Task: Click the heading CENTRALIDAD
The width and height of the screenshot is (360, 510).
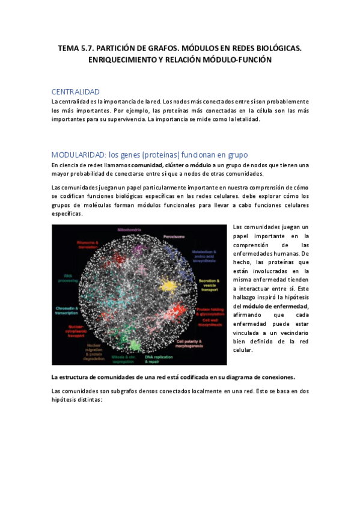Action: [x=75, y=91]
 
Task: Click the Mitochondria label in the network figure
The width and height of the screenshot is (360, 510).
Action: [x=129, y=230]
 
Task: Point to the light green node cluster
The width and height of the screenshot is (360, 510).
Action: [x=134, y=345]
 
